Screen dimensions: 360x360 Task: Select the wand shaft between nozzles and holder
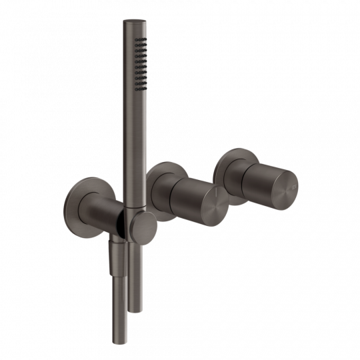132,147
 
